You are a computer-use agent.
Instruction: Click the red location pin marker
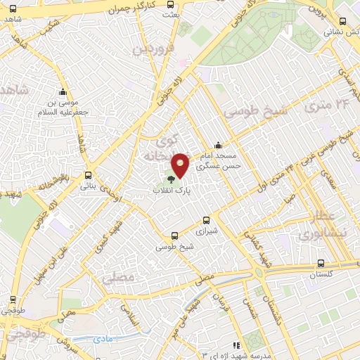[181, 165]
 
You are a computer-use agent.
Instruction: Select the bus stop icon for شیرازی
[206, 219]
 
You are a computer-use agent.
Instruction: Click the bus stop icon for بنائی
[88, 176]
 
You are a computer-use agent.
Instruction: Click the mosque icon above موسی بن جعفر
[63, 92]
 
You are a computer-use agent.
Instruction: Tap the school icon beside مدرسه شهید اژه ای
[236, 345]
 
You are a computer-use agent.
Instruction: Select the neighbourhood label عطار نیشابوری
[329, 224]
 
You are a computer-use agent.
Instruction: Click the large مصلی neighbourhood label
[118, 278]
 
